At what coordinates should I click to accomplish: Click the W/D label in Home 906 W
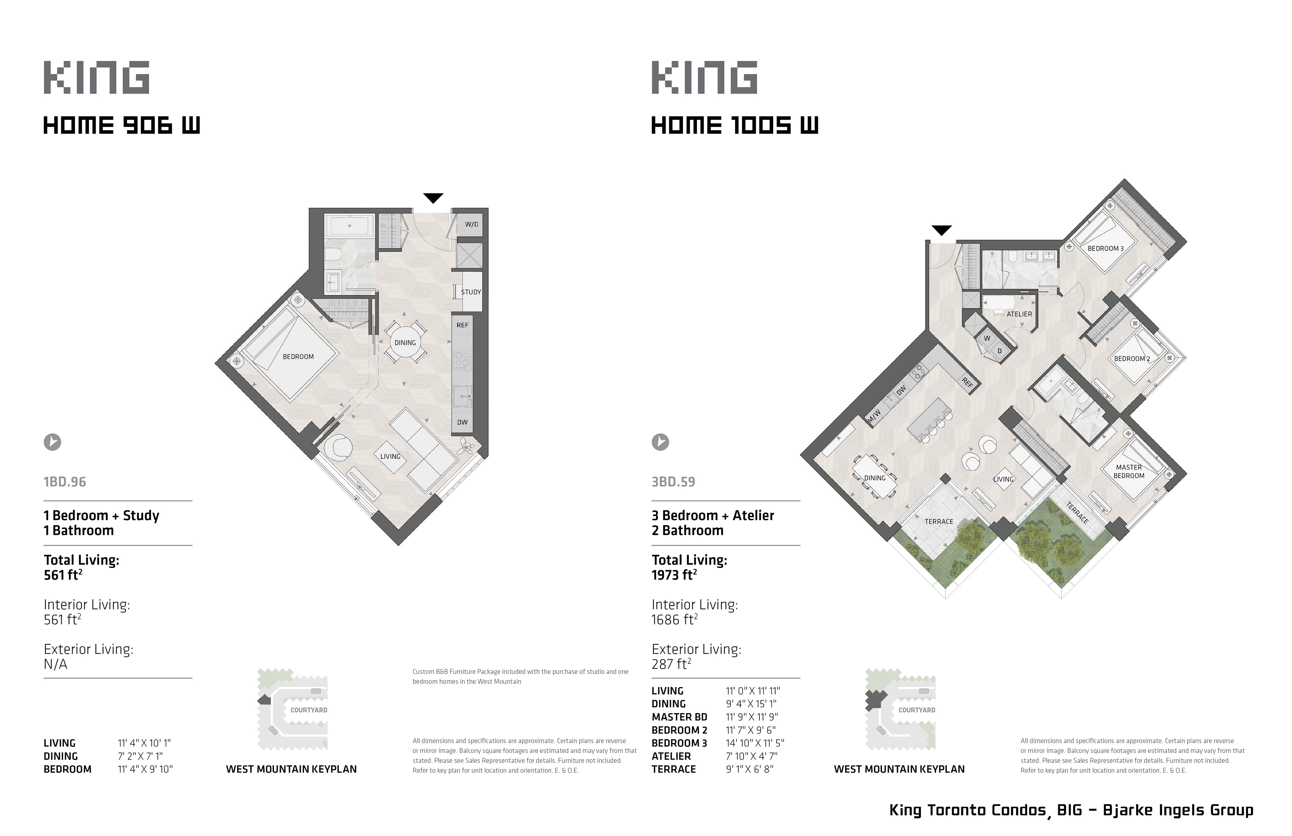471,224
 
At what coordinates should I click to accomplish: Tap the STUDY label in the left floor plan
471,292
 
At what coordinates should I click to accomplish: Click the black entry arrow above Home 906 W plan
433,198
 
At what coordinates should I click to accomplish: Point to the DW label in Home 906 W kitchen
462,422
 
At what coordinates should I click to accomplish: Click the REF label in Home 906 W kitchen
463,325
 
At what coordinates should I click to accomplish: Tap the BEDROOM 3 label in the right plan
1105,249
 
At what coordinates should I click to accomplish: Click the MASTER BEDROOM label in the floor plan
1129,471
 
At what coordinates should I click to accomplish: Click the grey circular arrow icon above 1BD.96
52,442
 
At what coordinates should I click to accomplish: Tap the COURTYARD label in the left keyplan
309,710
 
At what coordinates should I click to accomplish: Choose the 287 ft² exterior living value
672,664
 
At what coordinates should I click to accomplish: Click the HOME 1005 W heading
734,125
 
